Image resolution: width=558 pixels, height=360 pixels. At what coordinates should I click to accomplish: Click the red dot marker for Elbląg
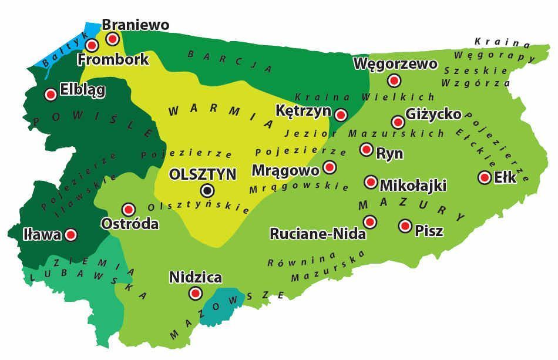click(51, 93)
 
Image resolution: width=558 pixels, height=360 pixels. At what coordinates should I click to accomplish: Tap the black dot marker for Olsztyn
click(207, 190)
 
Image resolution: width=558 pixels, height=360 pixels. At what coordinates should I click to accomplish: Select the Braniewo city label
click(136, 25)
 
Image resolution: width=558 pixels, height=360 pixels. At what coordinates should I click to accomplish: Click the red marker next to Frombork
click(92, 45)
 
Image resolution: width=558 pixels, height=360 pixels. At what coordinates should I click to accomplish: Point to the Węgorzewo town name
click(395, 63)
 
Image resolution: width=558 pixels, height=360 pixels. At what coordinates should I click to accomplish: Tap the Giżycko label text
click(433, 114)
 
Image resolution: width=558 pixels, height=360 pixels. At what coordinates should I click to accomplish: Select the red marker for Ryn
click(367, 150)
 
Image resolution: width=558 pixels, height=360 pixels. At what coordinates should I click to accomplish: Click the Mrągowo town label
click(285, 170)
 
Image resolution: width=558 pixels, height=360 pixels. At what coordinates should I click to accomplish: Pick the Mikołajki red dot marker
click(371, 182)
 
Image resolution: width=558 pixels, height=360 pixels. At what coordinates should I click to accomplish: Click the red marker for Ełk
click(485, 177)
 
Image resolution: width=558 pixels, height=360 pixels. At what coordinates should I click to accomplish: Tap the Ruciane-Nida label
click(318, 234)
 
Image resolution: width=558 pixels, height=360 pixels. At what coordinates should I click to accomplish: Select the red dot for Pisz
click(405, 226)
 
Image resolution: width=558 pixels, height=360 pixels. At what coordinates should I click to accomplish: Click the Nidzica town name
click(196, 277)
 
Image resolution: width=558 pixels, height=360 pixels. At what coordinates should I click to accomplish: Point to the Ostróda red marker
click(129, 209)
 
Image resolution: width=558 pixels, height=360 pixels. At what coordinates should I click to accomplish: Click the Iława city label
click(42, 235)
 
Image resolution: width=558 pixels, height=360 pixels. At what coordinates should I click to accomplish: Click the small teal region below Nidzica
click(220, 305)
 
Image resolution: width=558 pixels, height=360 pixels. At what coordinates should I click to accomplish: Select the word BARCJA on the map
click(229, 60)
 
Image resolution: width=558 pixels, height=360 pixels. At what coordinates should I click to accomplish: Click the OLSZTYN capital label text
click(202, 174)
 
